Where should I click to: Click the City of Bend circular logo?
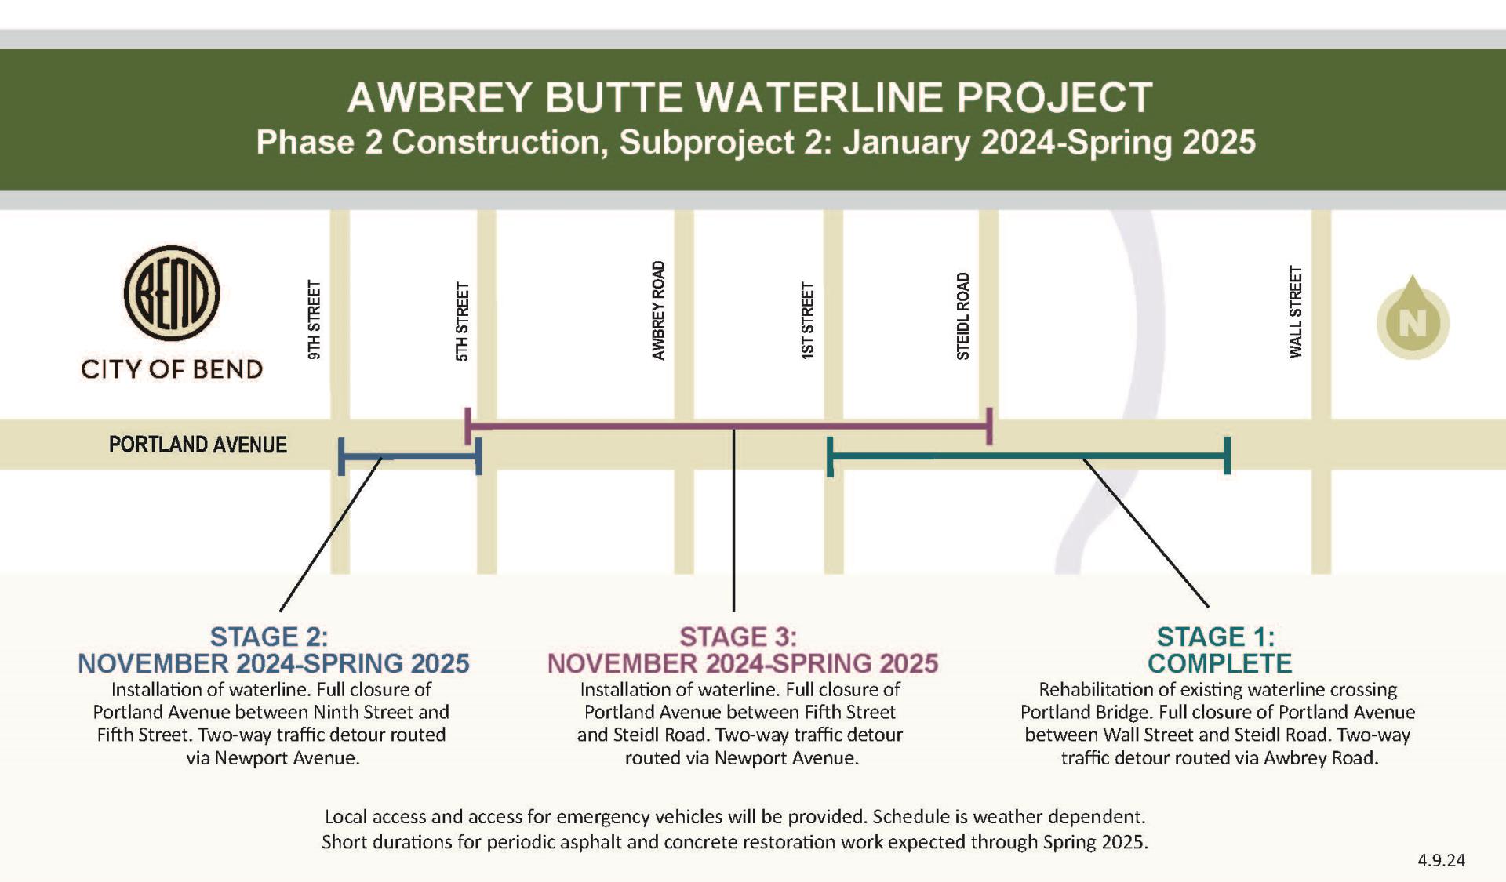point(172,293)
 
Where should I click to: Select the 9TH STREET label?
point(315,320)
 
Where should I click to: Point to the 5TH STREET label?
point(463,321)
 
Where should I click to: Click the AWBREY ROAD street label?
point(659,310)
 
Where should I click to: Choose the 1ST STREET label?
point(808,321)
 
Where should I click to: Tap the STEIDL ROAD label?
point(963,316)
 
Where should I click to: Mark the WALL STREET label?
point(1296,312)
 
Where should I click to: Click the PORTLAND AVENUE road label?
point(198,445)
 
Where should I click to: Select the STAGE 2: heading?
point(269,637)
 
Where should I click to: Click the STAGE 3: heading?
point(738,637)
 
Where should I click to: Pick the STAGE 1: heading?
point(1216,637)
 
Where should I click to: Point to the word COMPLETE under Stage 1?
point(1220,663)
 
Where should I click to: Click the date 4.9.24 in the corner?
point(1441,860)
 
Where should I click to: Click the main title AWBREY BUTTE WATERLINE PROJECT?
point(750,98)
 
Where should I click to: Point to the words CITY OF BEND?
point(172,369)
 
